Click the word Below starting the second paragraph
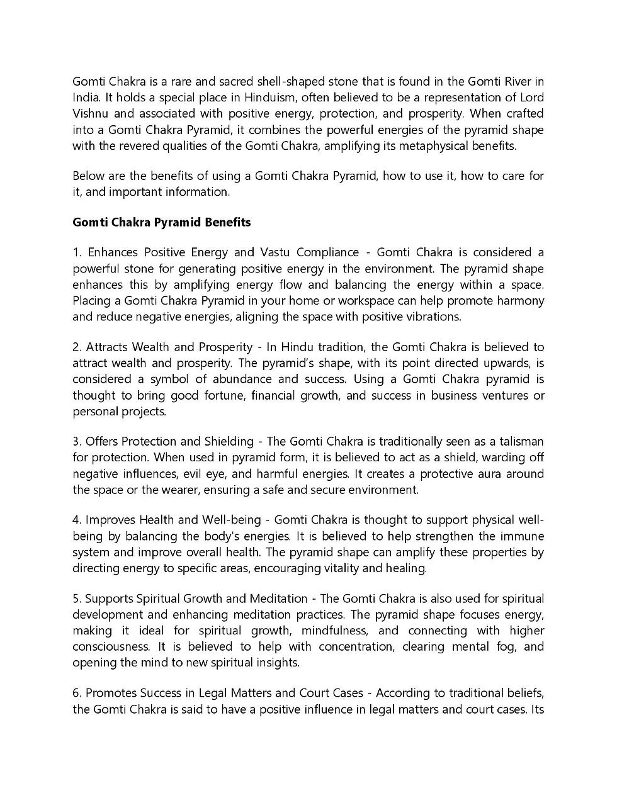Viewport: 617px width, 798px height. (x=88, y=176)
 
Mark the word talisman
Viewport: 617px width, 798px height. (x=521, y=441)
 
